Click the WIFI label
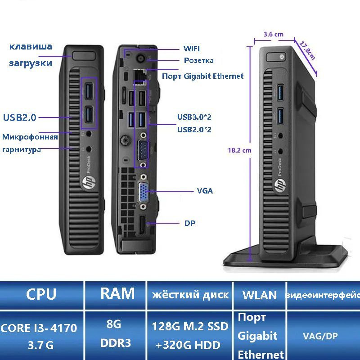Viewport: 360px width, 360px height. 191,49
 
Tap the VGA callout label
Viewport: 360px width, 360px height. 205,191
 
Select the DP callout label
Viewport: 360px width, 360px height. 190,223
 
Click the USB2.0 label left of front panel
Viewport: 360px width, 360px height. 20,118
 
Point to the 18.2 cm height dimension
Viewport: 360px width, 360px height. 239,151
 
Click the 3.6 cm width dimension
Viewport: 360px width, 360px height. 274,34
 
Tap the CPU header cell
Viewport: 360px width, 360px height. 41,295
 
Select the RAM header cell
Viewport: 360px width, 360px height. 117,294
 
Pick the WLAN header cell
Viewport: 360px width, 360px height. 260,295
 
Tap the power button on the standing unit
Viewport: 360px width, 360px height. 280,57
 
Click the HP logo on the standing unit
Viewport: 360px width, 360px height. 279,184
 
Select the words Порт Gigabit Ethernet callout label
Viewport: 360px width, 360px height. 202,76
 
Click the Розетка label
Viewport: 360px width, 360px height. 199,60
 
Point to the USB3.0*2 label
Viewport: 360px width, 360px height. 194,117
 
